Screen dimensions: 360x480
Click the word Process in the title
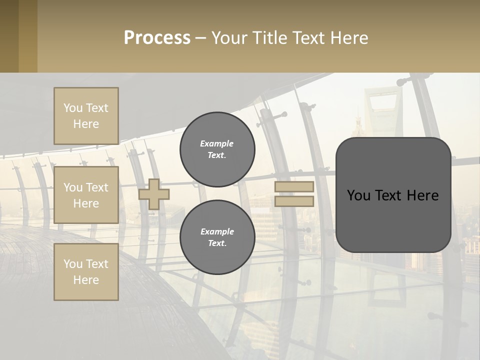[x=157, y=38]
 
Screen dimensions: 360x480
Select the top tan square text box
[x=86, y=116]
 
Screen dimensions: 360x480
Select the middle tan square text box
[x=86, y=195]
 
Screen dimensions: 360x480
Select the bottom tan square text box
[x=86, y=272]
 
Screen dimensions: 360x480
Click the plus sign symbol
[x=154, y=194]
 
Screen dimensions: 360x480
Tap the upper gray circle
[x=217, y=149]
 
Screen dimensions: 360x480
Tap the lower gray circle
[x=217, y=237]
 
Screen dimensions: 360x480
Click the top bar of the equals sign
[x=294, y=187]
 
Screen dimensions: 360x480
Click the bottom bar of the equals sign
[x=294, y=201]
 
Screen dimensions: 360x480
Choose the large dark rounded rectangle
[x=393, y=220]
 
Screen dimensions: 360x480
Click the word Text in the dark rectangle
[x=393, y=195]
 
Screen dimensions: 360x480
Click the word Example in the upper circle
[x=217, y=143]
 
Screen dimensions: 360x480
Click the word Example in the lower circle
[x=217, y=231]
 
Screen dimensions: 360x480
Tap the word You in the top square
[x=73, y=108]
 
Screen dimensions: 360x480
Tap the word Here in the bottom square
[x=86, y=280]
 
